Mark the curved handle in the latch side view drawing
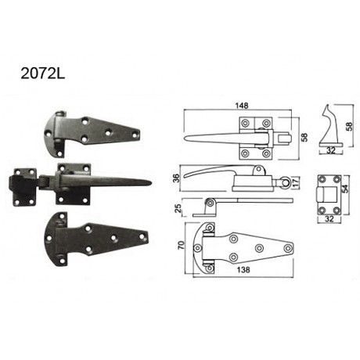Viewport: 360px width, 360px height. click(211, 174)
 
